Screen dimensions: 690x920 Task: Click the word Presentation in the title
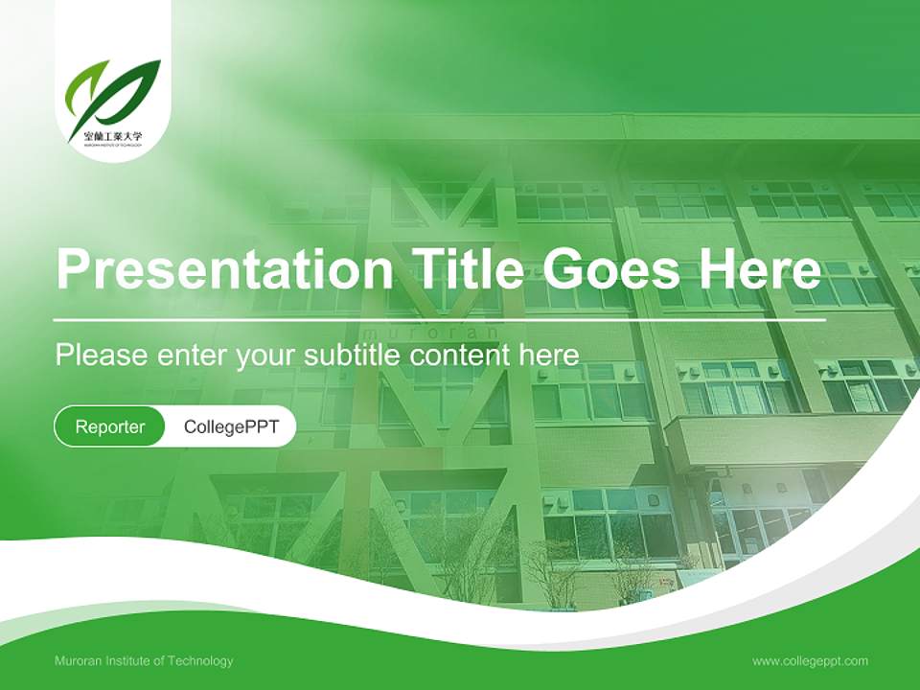(x=224, y=269)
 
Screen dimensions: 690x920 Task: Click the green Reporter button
(x=110, y=426)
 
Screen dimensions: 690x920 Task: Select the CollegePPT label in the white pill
(x=231, y=426)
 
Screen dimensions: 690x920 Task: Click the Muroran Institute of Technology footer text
(x=144, y=661)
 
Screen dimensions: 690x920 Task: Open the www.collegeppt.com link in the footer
(x=810, y=661)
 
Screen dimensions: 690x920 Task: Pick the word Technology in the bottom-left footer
(x=201, y=661)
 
